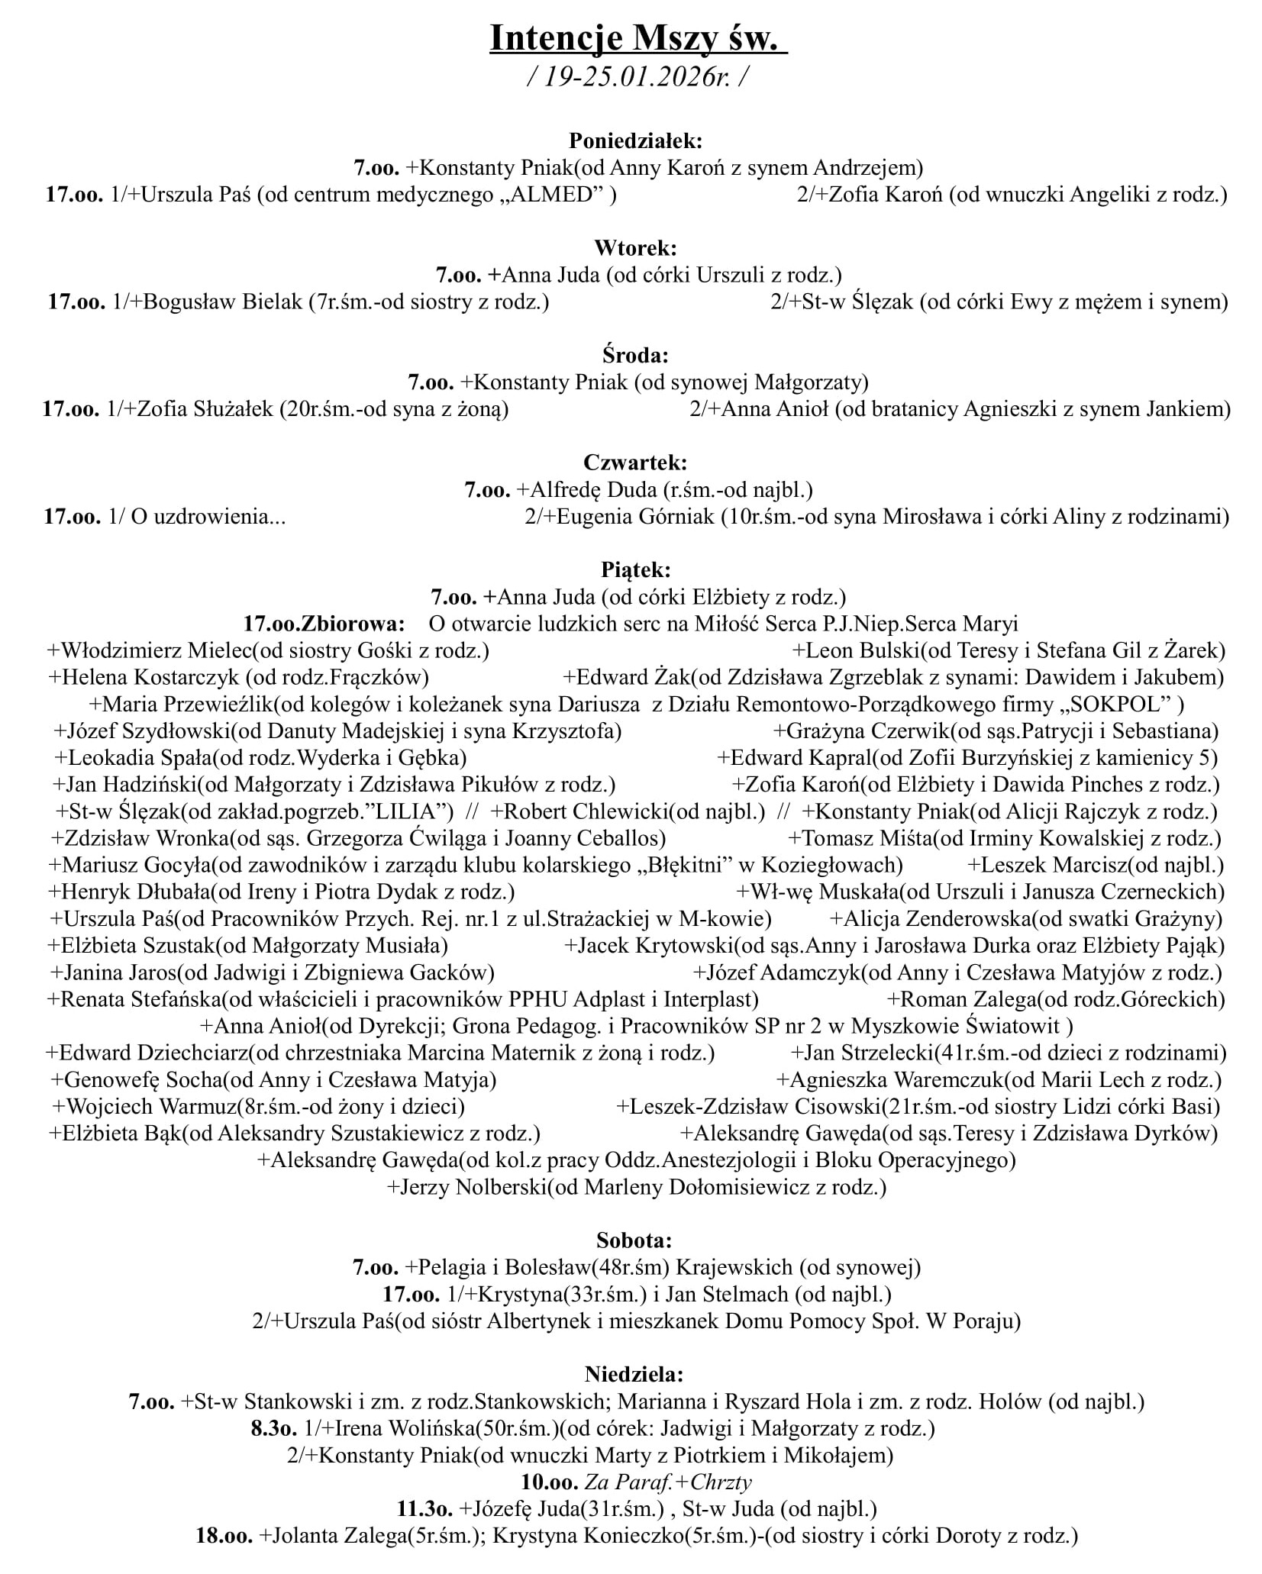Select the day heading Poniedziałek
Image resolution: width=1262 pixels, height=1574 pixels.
[635, 140]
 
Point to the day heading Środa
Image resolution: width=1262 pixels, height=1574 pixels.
[635, 355]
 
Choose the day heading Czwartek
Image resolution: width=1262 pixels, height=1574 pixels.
[635, 463]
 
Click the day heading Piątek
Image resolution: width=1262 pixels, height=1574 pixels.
[635, 569]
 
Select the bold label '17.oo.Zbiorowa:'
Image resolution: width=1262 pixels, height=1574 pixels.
[324, 624]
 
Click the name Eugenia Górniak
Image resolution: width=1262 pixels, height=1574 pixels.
[637, 517]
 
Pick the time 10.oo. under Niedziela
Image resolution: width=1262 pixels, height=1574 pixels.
[550, 1482]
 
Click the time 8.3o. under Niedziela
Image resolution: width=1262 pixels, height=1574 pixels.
[274, 1428]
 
